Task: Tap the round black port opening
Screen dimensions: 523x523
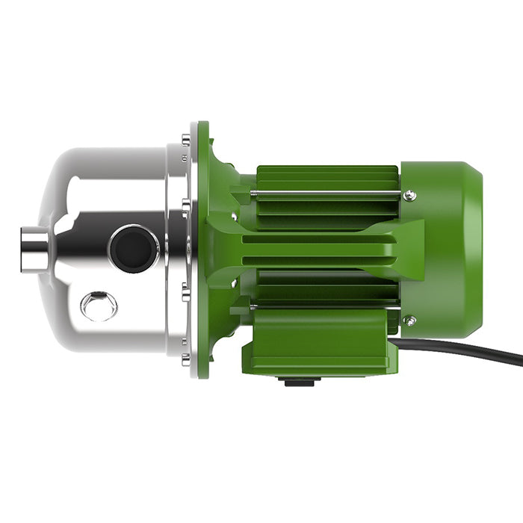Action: [x=134, y=249]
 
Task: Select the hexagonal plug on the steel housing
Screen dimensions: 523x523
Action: [x=99, y=306]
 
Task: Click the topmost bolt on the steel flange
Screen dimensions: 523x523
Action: [x=185, y=138]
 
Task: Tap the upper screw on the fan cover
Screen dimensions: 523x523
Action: [x=409, y=196]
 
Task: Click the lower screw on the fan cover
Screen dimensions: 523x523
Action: [x=409, y=321]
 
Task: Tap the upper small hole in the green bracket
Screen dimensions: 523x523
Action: [x=234, y=219]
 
